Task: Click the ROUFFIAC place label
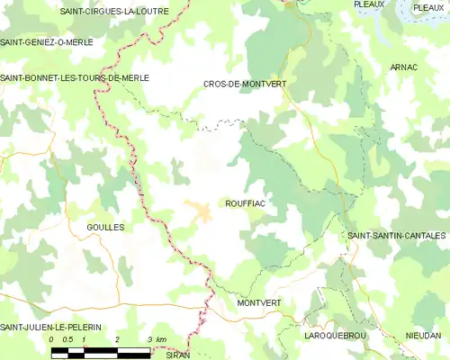point(244,204)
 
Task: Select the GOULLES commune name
point(105,228)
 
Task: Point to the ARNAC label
point(404,67)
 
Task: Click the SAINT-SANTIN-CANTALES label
point(396,235)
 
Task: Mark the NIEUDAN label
point(424,335)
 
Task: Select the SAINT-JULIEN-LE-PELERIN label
point(49,326)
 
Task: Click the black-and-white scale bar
point(101,352)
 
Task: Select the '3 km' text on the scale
point(156,339)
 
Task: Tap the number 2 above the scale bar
point(117,339)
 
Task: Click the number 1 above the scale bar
point(84,339)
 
